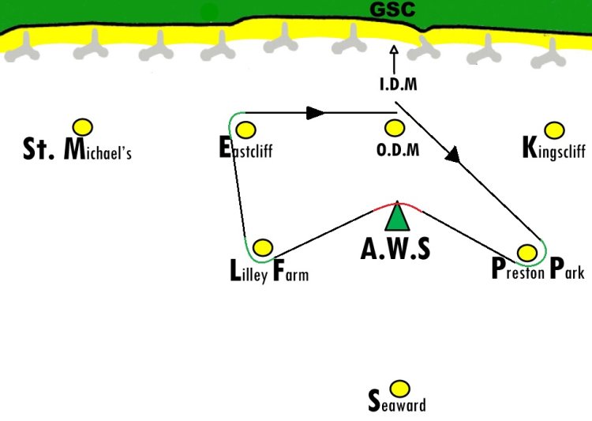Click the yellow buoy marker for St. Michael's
(83, 127)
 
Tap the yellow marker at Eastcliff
(245, 130)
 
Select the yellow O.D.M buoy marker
(395, 128)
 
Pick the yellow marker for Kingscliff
(555, 130)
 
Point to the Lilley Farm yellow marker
(263, 247)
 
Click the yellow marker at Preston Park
(527, 253)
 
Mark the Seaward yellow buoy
(399, 389)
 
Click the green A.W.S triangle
(397, 217)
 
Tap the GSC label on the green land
(392, 9)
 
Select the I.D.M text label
(399, 84)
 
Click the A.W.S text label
(395, 249)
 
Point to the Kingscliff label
(554, 148)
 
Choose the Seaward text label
(397, 401)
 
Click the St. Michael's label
(77, 149)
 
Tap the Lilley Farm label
(269, 271)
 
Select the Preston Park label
(538, 269)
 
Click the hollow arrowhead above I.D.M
(394, 50)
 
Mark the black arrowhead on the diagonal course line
(453, 155)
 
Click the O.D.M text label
(398, 150)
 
